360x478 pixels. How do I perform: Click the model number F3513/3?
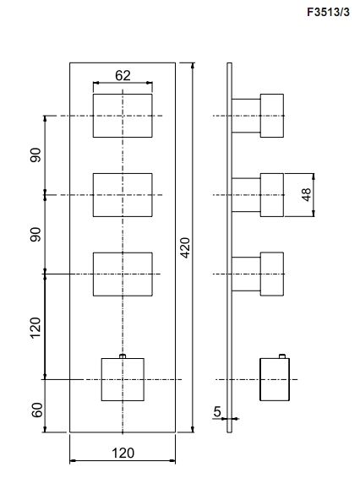pos(328,12)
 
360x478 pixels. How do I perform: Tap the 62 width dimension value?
pos(123,76)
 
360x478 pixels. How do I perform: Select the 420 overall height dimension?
pos(185,247)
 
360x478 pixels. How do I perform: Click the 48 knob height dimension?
pos(307,195)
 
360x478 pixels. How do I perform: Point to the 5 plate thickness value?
pos(217,412)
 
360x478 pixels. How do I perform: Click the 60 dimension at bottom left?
pos(36,410)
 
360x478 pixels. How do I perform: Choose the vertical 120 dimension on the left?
pos(35,328)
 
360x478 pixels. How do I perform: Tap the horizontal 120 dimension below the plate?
pos(123,454)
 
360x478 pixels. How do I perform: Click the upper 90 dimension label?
pos(35,155)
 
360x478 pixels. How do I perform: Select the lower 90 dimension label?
pos(35,235)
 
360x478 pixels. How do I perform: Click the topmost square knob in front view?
pos(123,116)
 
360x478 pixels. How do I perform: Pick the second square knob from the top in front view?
pos(123,195)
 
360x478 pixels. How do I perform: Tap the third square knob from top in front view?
pos(123,274)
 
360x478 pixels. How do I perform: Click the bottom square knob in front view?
pos(123,379)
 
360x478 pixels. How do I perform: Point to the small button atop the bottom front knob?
pos(123,356)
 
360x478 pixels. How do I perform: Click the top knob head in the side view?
pos(272,116)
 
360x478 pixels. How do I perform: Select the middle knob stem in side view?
pos(246,195)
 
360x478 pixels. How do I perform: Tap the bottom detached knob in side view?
pos(275,379)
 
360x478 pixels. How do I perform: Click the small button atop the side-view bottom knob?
pos(282,356)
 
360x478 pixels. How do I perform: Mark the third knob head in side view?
pos(272,274)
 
